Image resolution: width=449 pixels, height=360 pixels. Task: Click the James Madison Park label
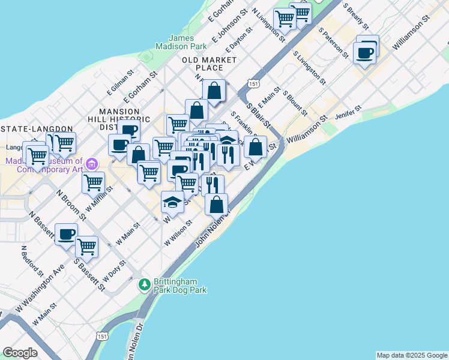pos(181,42)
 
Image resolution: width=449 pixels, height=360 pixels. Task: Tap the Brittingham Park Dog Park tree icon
pos(144,284)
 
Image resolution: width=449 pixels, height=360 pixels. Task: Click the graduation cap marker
pos(172,203)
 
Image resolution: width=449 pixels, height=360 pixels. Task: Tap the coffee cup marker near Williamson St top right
pos(365,53)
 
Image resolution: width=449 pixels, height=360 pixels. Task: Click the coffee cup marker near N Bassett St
pos(67,235)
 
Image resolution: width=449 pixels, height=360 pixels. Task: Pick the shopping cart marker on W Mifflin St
pos(93,183)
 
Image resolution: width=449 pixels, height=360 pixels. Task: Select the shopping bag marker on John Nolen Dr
pos(216,205)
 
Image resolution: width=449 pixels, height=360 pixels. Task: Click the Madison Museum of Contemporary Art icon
pos(91,163)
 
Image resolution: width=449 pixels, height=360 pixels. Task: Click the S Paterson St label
pos(334,42)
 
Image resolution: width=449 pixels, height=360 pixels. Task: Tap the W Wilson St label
pos(178,232)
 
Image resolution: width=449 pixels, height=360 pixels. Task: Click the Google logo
pos(20,353)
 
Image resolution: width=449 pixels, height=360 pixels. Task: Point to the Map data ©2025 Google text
pos(412,355)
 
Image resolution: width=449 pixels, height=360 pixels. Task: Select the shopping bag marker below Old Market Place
pos(214,91)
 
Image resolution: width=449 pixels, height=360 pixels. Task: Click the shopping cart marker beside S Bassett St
pos(87,246)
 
